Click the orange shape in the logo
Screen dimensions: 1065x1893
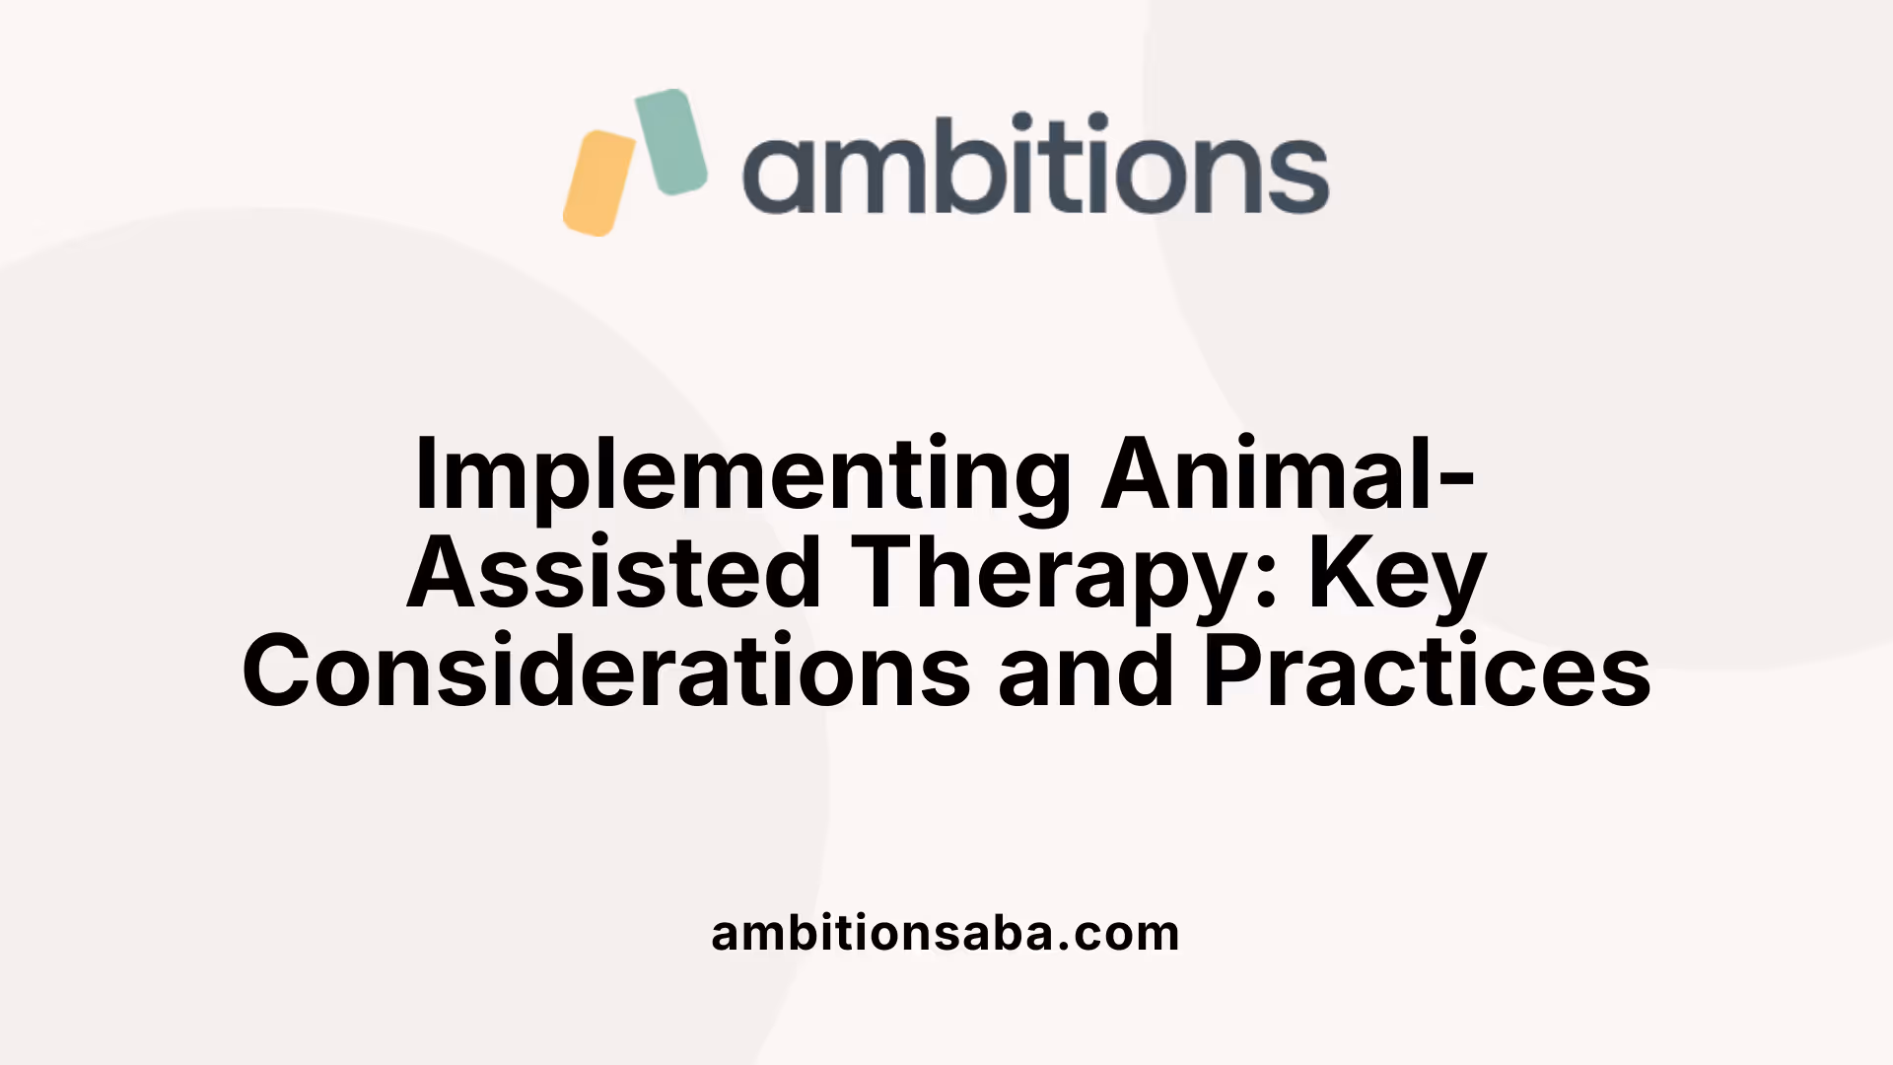(599, 183)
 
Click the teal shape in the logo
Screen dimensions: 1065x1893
(670, 141)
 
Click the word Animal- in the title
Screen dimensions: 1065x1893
(1288, 473)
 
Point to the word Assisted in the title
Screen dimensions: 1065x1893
(614, 574)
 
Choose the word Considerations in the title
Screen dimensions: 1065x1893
(606, 673)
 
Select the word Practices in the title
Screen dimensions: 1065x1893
(1427, 673)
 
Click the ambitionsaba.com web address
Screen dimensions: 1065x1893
(945, 933)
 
